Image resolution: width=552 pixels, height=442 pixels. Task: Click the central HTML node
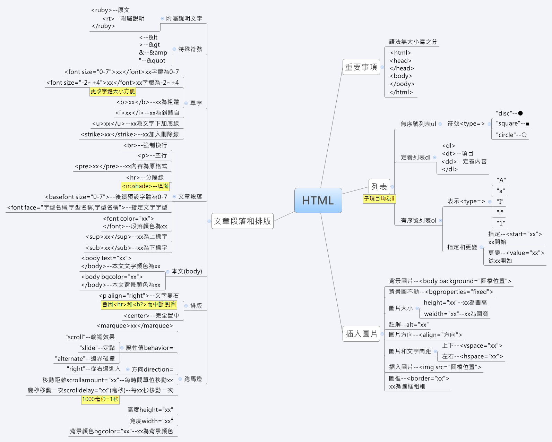[318, 201]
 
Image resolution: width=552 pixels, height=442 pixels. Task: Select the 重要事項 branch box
[361, 67]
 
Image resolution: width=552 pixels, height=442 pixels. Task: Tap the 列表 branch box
[379, 187]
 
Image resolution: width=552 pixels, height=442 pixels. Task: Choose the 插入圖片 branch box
[361, 334]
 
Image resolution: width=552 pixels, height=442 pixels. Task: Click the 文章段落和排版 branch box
[242, 221]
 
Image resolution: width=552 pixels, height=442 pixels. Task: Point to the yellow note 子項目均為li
[379, 198]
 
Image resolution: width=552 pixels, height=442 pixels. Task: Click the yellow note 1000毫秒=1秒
[100, 399]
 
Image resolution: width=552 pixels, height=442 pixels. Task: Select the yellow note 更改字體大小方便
[113, 91]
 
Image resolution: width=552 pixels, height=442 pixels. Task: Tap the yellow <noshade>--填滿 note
[145, 186]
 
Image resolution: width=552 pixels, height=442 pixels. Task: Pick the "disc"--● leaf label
[509, 113]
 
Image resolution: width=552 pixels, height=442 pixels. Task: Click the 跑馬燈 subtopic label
[193, 379]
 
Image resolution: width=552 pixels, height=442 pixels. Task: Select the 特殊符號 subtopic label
[190, 49]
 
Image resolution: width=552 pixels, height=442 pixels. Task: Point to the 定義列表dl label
[415, 157]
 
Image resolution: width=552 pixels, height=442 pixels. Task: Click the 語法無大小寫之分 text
[413, 42]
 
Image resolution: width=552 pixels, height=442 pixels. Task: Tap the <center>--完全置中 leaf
[152, 316]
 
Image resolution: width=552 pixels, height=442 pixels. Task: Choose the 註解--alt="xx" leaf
[409, 325]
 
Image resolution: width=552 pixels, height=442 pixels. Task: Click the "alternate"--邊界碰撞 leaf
[85, 358]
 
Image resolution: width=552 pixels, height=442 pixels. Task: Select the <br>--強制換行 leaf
[145, 145]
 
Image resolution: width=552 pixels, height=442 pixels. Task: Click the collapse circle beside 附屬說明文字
[162, 18]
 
